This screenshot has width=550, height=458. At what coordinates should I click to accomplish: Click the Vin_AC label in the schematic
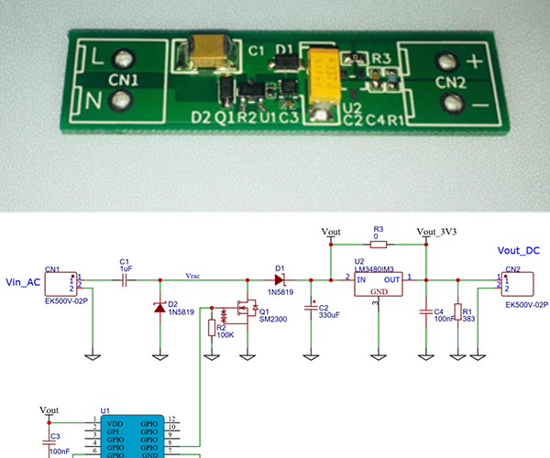pyautogui.click(x=22, y=282)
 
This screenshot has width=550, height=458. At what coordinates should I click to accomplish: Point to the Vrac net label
pyautogui.click(x=193, y=274)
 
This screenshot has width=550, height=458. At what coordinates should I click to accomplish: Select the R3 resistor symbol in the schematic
pyautogui.click(x=378, y=245)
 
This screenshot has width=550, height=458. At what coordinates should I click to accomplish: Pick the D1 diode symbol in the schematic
pyautogui.click(x=278, y=278)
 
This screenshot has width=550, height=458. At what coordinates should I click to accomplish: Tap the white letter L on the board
pyautogui.click(x=98, y=56)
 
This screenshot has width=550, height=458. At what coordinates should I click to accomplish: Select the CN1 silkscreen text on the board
pyautogui.click(x=125, y=80)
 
